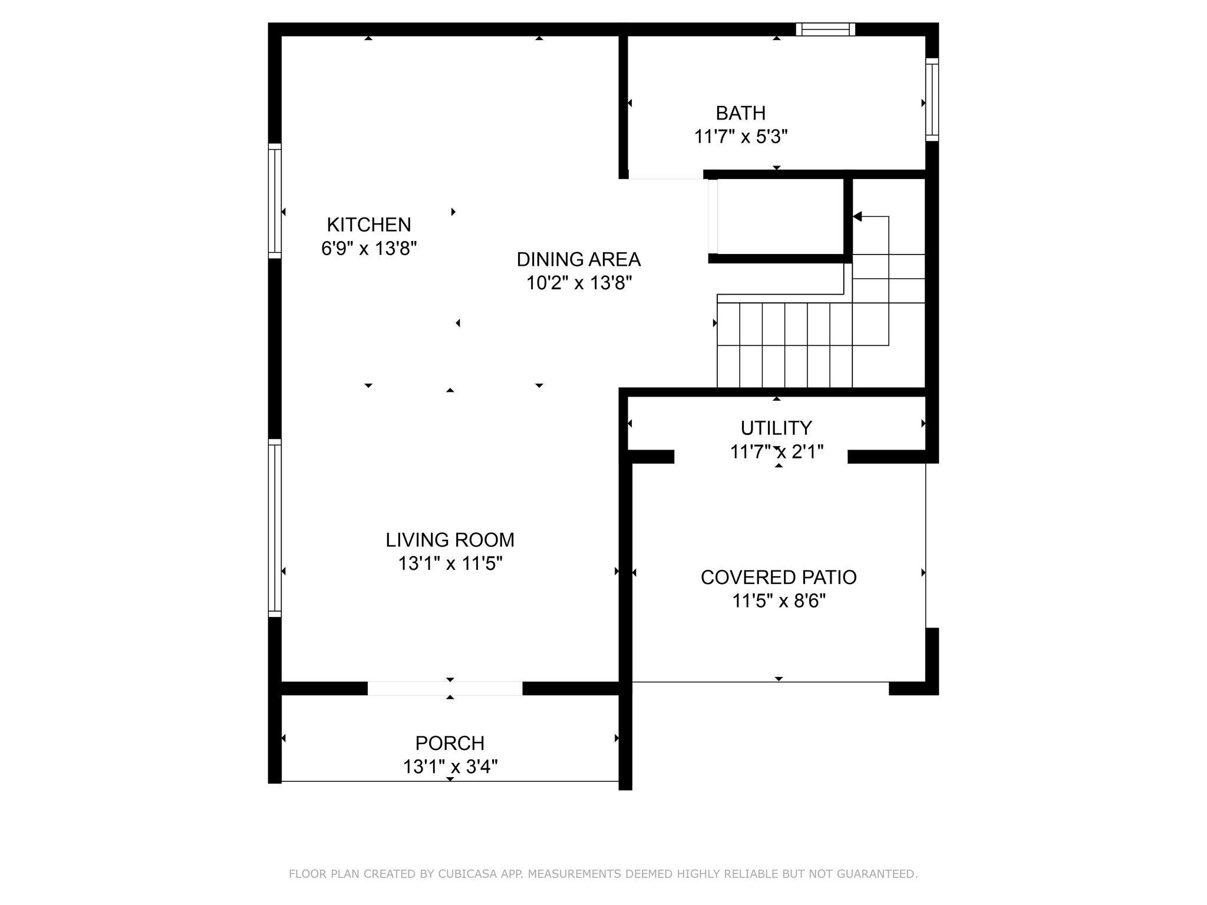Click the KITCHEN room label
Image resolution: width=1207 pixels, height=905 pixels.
pyautogui.click(x=369, y=224)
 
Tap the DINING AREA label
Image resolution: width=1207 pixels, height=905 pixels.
pyautogui.click(x=579, y=259)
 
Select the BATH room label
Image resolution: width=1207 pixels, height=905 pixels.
pyautogui.click(x=741, y=113)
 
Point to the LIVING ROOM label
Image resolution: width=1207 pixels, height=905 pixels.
pyautogui.click(x=450, y=540)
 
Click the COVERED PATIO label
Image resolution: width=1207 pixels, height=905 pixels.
pyautogui.click(x=779, y=577)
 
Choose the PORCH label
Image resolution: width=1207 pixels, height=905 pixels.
pyautogui.click(x=450, y=743)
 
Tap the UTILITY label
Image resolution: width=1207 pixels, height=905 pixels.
pyautogui.click(x=776, y=428)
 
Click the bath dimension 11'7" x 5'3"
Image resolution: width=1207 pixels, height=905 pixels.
pyautogui.click(x=741, y=137)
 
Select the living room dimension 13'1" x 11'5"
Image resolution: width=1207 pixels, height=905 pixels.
pyautogui.click(x=450, y=564)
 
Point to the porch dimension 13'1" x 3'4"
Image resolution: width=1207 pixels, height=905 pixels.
pyautogui.click(x=450, y=767)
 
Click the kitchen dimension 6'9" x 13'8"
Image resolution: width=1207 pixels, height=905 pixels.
pyautogui.click(x=369, y=249)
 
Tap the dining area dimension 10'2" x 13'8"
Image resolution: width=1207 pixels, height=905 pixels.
pyautogui.click(x=579, y=283)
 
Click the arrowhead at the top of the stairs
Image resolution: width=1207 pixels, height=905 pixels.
pyautogui.click(x=858, y=217)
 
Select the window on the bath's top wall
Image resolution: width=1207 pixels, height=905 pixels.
pyautogui.click(x=825, y=29)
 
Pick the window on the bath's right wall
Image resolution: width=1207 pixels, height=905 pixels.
pyautogui.click(x=932, y=99)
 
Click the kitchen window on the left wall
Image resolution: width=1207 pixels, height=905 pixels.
pyautogui.click(x=275, y=201)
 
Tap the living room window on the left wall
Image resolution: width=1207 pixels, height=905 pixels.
pyautogui.click(x=275, y=528)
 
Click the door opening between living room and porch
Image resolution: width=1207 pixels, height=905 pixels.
pyautogui.click(x=445, y=688)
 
